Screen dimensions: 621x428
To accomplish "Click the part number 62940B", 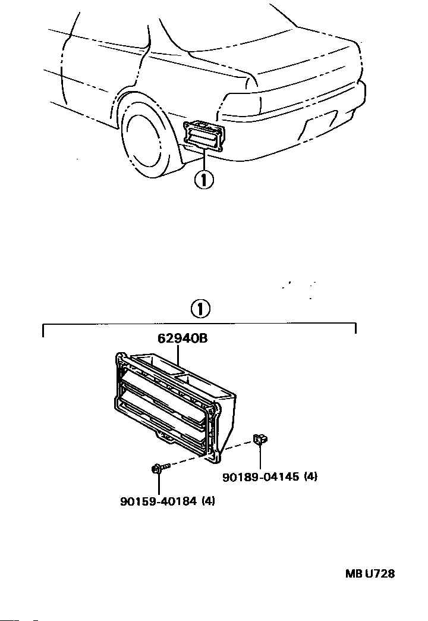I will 182,339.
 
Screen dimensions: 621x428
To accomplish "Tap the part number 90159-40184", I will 159,501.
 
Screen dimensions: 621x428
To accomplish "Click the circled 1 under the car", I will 203,179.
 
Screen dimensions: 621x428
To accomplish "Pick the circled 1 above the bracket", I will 200,309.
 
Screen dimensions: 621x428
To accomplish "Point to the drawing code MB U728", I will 370,574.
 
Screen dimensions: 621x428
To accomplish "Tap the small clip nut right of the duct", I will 260,440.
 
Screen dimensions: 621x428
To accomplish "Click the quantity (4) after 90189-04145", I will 309,477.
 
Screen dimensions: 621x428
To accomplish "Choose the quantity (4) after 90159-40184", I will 208,501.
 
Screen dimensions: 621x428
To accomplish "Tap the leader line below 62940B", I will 178,356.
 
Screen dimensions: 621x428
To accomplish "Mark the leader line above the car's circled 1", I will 204,159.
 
